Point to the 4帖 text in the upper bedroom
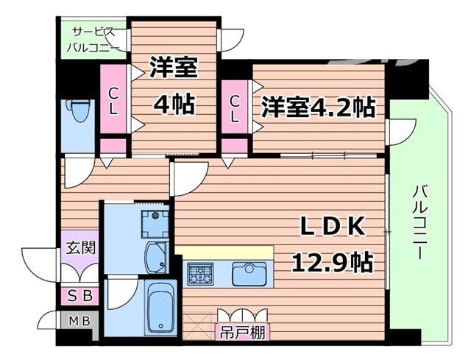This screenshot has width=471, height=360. click(174, 104)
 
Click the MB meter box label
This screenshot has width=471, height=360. click(77, 322)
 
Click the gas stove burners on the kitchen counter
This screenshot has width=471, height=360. click(199, 276)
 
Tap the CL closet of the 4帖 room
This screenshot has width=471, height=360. click(114, 101)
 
